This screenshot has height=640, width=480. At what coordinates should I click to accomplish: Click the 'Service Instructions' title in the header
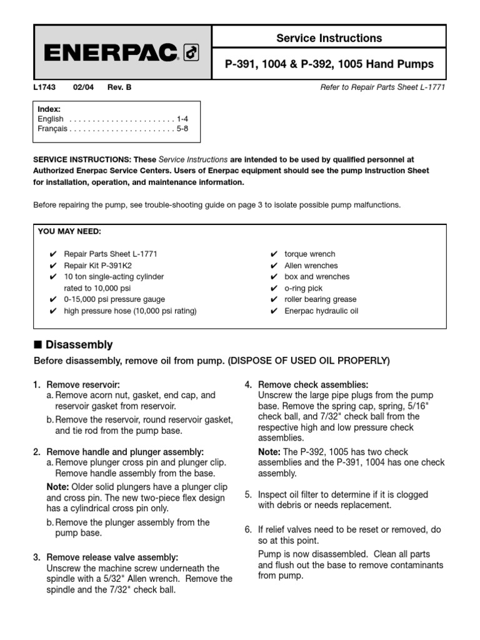329,38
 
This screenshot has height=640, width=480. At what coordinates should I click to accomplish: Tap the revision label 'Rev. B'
119,87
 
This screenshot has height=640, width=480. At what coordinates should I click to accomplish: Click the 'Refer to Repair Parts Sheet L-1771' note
382,87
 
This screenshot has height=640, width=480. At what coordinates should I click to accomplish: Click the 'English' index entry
51,119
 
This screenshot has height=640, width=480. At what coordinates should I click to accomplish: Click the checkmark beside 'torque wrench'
274,254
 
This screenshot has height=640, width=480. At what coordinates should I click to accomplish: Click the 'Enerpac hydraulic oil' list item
321,311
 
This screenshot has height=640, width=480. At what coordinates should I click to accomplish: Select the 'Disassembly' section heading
79,345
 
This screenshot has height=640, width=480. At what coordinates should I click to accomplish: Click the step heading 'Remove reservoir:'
83,384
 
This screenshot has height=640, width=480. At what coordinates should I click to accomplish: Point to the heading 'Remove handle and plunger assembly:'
125,451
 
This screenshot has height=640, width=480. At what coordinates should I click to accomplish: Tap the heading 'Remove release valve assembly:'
112,557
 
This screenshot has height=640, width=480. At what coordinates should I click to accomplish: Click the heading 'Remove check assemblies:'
313,384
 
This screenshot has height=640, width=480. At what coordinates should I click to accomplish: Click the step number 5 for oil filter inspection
248,494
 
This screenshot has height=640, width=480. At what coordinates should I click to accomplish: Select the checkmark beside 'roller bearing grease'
274,299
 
